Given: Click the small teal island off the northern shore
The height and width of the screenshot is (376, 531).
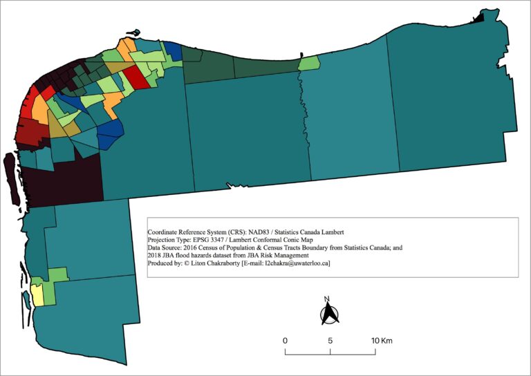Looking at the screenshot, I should coord(133,32).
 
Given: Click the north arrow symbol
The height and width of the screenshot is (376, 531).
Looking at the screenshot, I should coord(329,314).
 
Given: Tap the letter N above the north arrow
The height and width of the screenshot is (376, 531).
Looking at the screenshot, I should coord(329,300).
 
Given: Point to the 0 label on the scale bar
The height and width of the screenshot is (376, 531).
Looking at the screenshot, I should coord(285,341).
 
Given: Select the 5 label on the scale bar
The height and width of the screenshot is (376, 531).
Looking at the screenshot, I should coord(330,341).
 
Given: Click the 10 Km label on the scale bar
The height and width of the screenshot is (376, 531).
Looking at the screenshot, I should coord(382,341).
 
